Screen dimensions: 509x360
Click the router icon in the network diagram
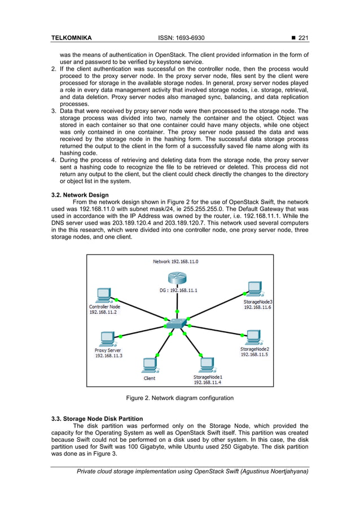point(177,278)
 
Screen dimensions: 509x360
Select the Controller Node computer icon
point(103,295)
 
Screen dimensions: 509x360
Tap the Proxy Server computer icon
point(107,339)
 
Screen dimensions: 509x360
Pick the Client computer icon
point(150,365)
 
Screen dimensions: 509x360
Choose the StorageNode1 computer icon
point(207,365)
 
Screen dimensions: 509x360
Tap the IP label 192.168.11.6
point(257,308)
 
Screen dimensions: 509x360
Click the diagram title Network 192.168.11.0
point(175,261)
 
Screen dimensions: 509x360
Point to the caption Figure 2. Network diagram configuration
point(179,398)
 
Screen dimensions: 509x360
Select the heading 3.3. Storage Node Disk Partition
point(96,419)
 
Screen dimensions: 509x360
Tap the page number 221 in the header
point(303,38)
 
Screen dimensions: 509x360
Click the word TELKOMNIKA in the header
point(72,38)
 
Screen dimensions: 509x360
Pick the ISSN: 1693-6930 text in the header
point(181,38)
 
